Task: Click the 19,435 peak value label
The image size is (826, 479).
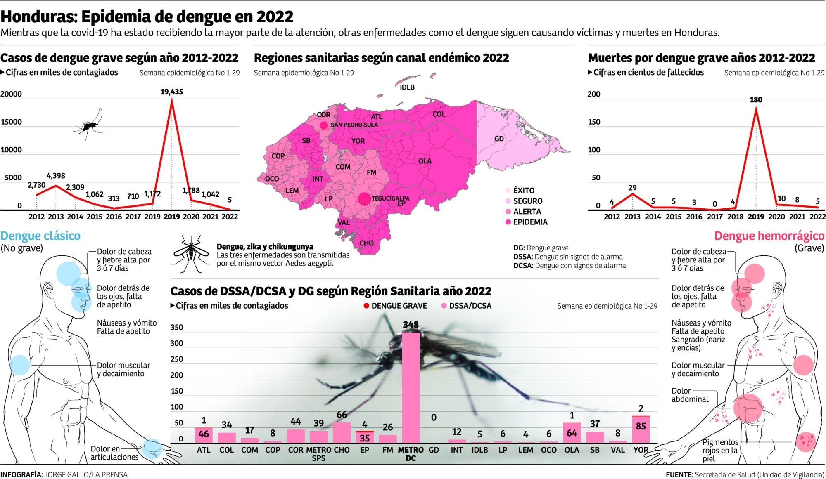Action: (171, 92)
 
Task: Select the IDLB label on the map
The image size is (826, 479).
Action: (407, 87)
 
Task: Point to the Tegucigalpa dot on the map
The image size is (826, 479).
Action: (364, 199)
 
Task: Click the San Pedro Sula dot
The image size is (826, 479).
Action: (323, 125)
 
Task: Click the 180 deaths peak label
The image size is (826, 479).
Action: (756, 100)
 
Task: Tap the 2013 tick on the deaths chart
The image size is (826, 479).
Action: (632, 217)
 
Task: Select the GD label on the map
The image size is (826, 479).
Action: (499, 139)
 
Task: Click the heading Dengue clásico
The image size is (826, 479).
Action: (40, 236)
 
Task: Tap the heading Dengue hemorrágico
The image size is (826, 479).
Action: (769, 236)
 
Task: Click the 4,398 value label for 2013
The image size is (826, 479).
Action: (56, 176)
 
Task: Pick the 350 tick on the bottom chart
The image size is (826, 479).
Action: (177, 328)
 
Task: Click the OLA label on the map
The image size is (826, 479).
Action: (425, 161)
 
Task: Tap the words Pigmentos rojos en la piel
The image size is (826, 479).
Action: (720, 451)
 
